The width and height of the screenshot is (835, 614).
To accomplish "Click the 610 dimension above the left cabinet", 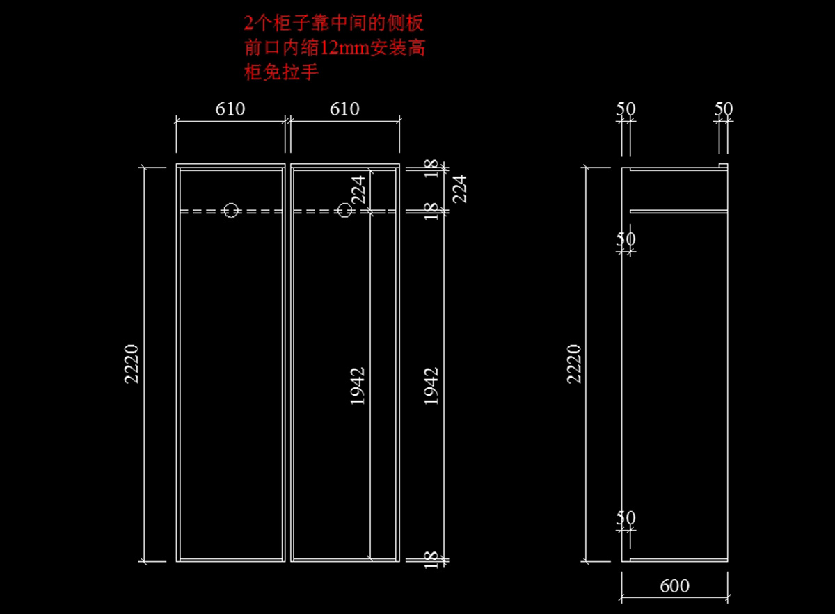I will tap(230, 109).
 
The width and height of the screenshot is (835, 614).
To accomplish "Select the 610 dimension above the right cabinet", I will tap(344, 109).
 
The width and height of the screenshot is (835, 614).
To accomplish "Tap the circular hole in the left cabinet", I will tap(231, 210).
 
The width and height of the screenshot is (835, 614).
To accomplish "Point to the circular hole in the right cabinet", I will tap(344, 210).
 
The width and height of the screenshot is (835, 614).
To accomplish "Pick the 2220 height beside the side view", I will tap(574, 363).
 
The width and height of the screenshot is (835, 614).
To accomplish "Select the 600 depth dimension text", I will tap(674, 586).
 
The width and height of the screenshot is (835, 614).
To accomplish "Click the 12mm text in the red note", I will tap(339, 48).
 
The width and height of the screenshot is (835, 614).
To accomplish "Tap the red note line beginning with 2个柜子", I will tap(333, 24).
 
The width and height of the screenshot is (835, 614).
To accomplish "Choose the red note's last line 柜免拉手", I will tap(281, 72).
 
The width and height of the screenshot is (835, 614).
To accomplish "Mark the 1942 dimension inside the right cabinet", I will tap(358, 386).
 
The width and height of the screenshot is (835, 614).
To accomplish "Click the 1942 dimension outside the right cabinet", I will tap(432, 386).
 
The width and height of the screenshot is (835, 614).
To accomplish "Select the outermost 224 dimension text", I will tap(460, 188).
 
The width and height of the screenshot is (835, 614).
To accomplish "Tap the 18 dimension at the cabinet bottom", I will tap(431, 558).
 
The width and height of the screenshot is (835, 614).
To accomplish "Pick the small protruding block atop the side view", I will tap(723, 165).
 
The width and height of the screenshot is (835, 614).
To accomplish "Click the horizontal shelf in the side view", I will tap(678, 211).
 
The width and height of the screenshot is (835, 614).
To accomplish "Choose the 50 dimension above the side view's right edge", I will tap(724, 109).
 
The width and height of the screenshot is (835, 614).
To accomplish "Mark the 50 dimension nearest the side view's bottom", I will tap(626, 518).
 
